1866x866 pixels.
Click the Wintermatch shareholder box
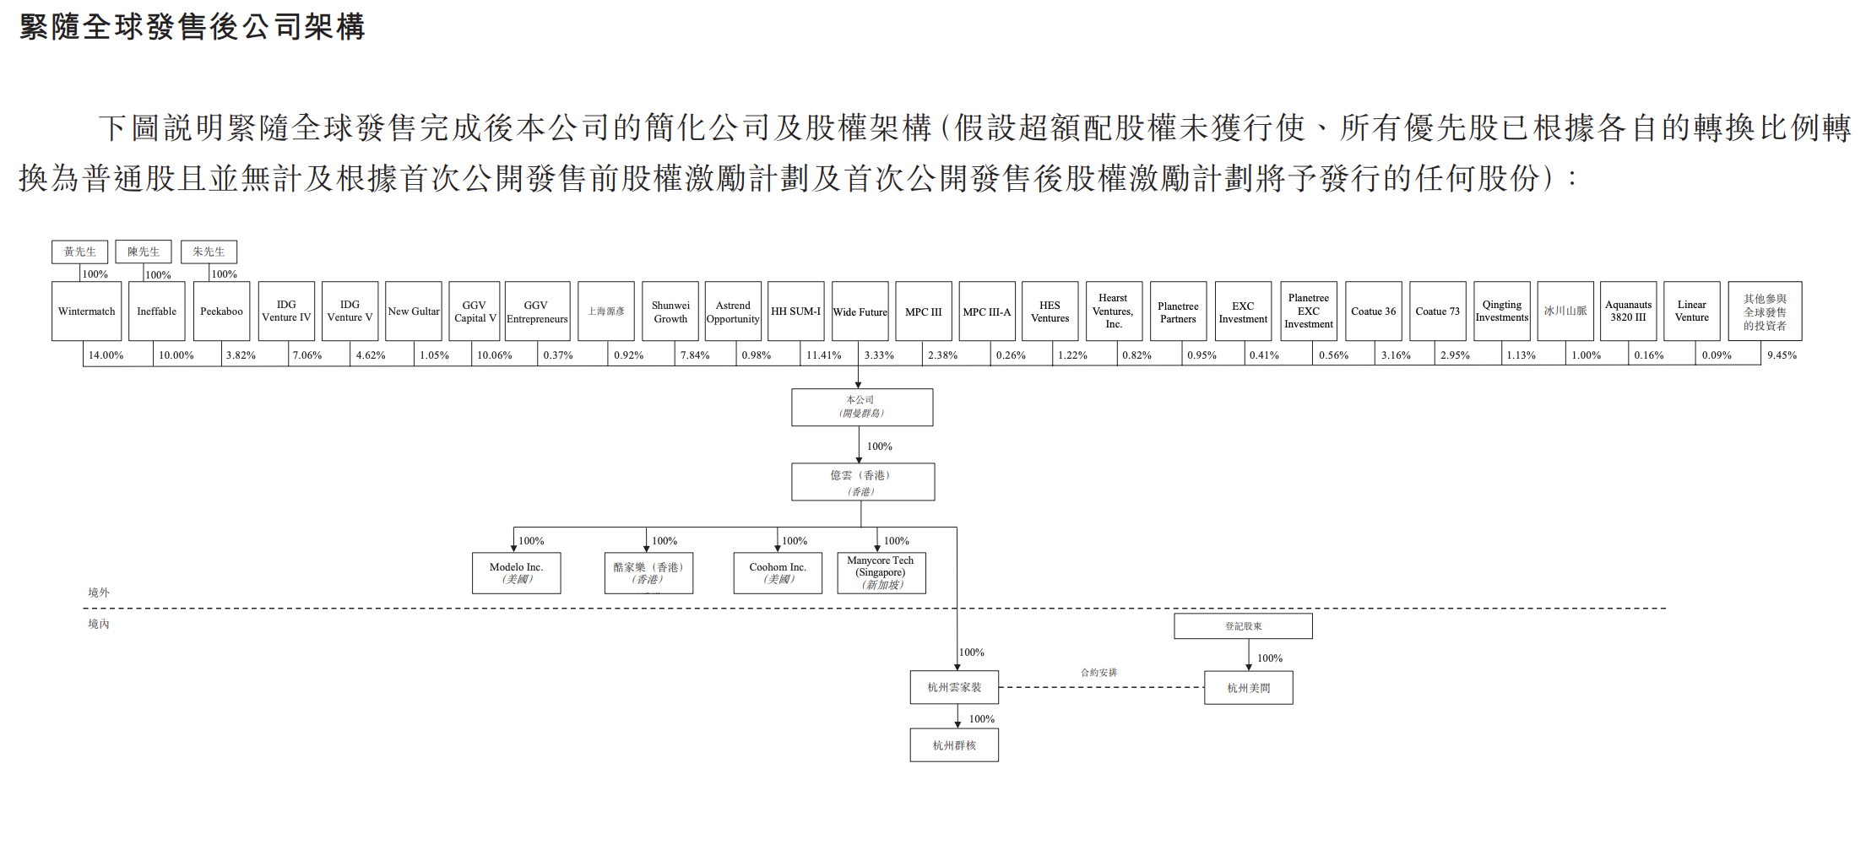click(x=86, y=311)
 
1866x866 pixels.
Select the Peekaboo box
click(x=221, y=311)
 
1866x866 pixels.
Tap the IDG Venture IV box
click(x=286, y=311)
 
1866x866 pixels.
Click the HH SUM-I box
click(x=795, y=311)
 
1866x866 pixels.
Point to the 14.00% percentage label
click(x=106, y=355)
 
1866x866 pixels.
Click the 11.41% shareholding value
click(x=823, y=355)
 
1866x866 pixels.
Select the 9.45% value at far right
click(x=1782, y=355)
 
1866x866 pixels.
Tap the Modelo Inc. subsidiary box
click(x=516, y=573)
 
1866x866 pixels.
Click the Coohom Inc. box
click(x=778, y=573)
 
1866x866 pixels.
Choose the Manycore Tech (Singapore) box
click(x=881, y=573)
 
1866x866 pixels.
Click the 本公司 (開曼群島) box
click(x=861, y=407)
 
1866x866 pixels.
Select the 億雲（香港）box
click(x=862, y=482)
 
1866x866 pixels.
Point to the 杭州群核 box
click(x=954, y=745)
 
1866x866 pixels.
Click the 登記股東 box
click(x=1243, y=626)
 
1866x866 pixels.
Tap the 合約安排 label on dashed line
click(x=1098, y=673)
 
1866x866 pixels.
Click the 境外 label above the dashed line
click(x=99, y=593)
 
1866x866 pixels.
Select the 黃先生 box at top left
click(x=80, y=252)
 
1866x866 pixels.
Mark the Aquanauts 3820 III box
click(x=1628, y=311)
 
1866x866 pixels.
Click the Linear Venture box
click(x=1691, y=311)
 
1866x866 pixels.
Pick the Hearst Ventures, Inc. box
click(x=1113, y=311)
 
